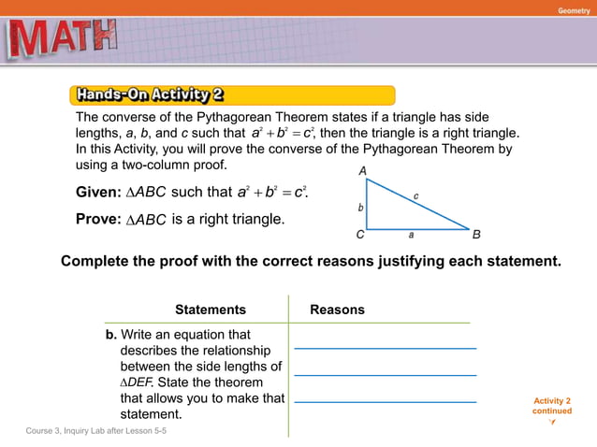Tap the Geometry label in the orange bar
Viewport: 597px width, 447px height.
574,9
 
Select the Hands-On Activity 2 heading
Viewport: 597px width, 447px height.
150,94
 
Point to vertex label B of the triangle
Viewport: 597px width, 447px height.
476,235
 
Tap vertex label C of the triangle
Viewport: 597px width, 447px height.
359,235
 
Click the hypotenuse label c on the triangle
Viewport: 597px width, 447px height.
416,195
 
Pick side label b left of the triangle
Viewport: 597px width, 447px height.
360,206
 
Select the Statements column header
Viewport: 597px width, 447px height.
211,310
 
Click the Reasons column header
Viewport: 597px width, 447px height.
337,310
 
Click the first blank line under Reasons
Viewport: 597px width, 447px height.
385,347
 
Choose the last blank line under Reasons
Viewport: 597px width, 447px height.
385,401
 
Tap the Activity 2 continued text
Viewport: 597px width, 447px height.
552,406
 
